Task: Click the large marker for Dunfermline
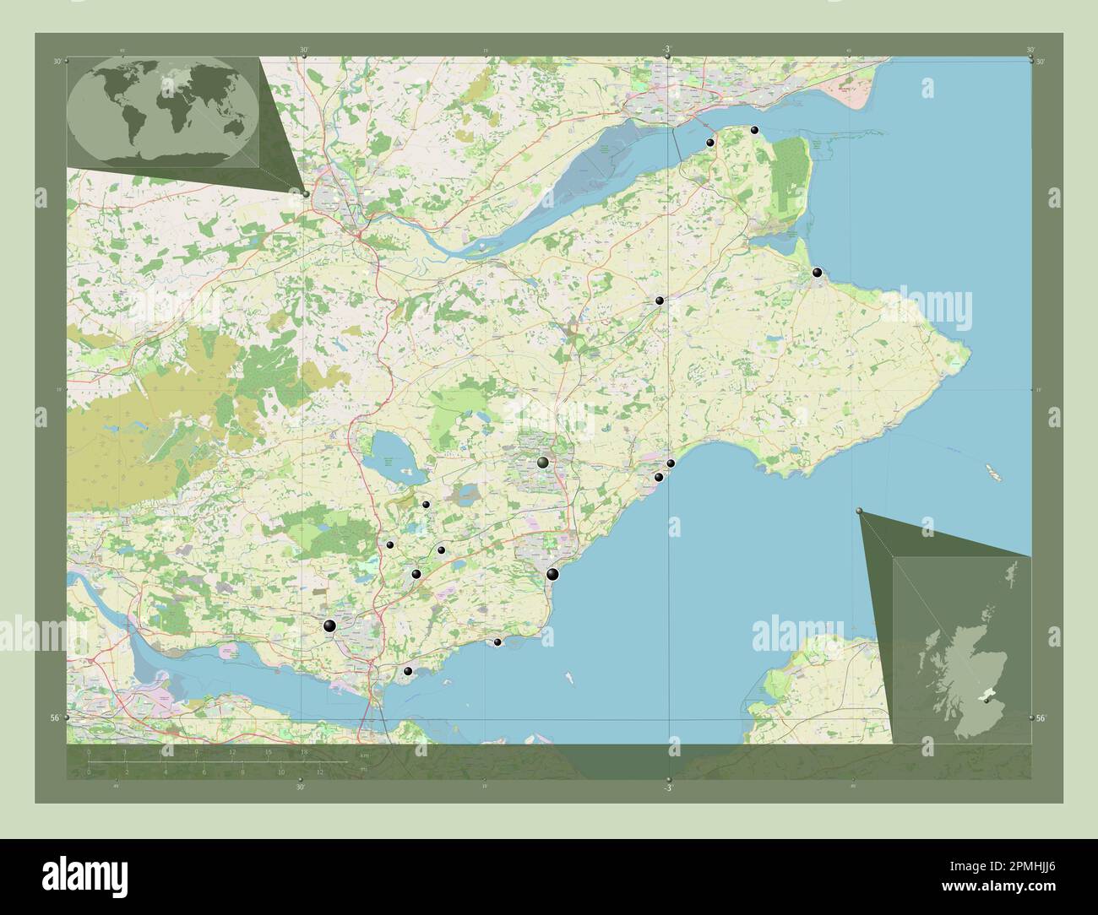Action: tap(329, 625)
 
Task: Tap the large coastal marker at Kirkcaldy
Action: tap(552, 575)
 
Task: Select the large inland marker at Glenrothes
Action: tap(543, 463)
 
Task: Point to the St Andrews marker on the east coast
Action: tap(816, 272)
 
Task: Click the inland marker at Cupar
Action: tap(658, 300)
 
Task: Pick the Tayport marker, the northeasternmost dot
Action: tap(754, 130)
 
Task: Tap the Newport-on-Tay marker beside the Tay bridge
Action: tap(710, 143)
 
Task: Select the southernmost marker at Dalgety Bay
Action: tap(408, 671)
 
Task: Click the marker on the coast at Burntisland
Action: tap(497, 642)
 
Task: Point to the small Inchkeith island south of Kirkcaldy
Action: tap(568, 675)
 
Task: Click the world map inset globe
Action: tap(163, 112)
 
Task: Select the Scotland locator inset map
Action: tap(962, 650)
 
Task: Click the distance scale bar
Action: tap(215, 761)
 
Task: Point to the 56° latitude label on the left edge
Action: tap(56, 717)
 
